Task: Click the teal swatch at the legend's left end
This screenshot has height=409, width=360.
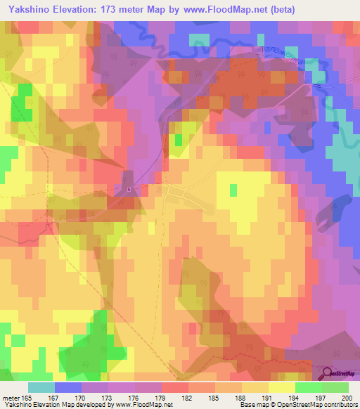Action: coord(41,387)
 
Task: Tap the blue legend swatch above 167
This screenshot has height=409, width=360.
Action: coord(67,387)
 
